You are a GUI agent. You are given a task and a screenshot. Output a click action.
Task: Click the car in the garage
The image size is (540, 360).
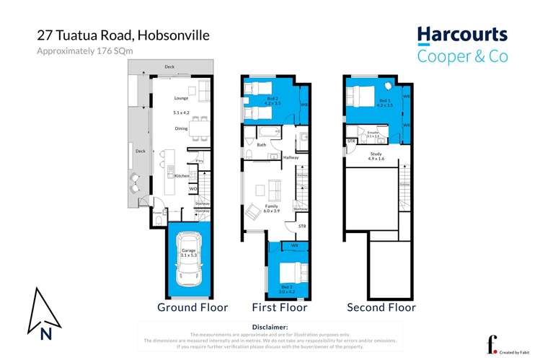(190, 260)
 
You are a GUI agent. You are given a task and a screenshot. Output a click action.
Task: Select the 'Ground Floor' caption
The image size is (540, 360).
(192, 307)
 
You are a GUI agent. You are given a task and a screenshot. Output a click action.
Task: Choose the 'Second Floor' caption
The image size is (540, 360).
(381, 307)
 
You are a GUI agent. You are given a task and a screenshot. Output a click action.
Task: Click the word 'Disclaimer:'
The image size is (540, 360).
(270, 327)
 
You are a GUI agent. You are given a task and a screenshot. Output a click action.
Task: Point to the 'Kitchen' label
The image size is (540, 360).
(182, 175)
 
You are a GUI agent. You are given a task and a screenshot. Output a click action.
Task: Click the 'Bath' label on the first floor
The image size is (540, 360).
(261, 145)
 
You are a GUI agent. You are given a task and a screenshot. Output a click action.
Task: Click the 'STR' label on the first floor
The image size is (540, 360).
(302, 227)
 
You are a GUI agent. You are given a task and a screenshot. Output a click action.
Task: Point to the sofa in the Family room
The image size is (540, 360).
(273, 191)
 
